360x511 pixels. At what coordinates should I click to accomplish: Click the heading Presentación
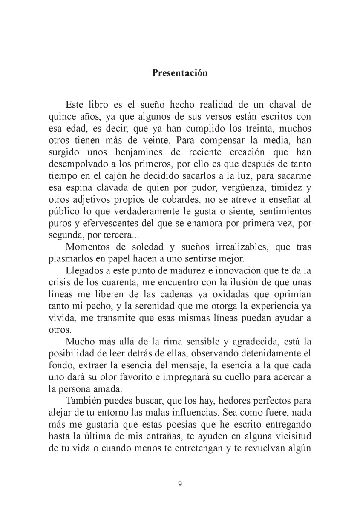pyautogui.click(x=180, y=73)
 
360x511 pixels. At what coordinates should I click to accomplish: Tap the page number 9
pyautogui.click(x=180, y=484)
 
